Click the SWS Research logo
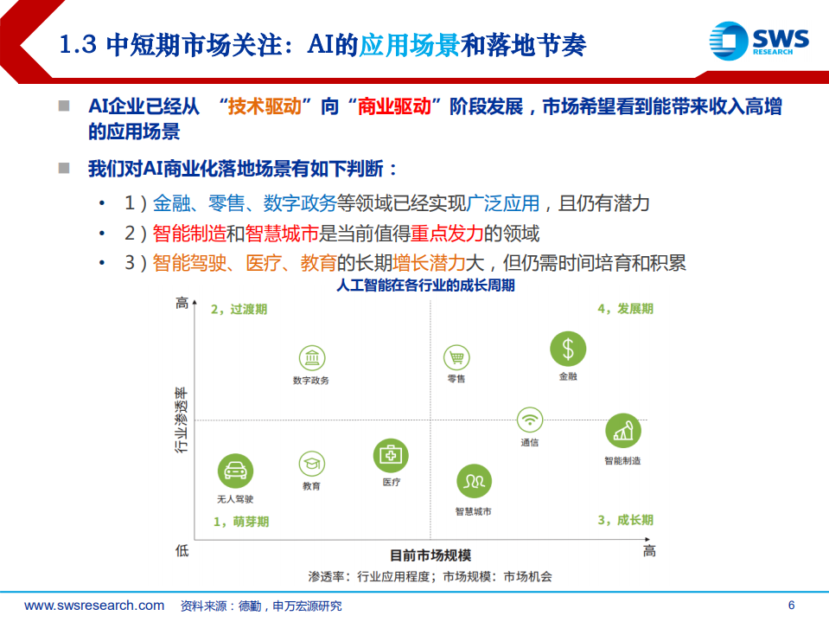point(758,42)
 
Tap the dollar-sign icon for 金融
point(568,349)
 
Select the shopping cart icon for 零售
point(456,357)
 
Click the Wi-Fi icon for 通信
point(530,420)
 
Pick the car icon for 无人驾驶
point(235,471)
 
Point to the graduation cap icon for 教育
point(312,464)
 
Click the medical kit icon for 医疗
point(391,455)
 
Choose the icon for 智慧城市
point(474,481)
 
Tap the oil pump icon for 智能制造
point(622,430)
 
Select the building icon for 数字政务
point(311,357)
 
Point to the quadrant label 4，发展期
point(625,309)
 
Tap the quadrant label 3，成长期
point(625,520)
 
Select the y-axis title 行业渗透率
point(182,420)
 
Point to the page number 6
point(790,606)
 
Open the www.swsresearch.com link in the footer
point(94,606)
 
